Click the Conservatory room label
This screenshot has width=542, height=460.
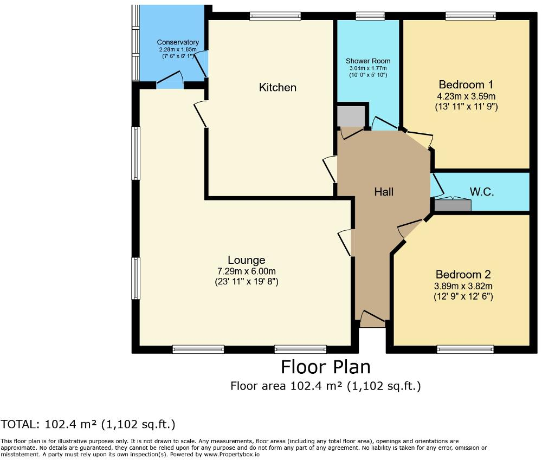coord(178,42)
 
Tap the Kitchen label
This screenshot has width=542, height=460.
coord(278,87)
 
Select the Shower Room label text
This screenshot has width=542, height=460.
coord(369,61)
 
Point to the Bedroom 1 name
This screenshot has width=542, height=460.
coord(466,85)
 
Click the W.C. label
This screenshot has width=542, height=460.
coord(480,191)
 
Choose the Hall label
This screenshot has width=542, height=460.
coord(384,192)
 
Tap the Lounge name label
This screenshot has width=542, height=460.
coord(246,260)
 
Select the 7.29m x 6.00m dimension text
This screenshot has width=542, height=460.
coord(246,271)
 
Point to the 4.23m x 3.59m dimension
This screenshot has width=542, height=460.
coord(466,96)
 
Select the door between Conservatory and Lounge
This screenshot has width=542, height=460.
coord(170,82)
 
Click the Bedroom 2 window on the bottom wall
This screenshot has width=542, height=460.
coord(465,349)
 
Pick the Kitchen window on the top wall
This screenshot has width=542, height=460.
coord(275,16)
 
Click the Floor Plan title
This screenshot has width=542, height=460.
coord(325,367)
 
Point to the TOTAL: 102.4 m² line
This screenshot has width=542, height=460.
coord(88,424)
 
